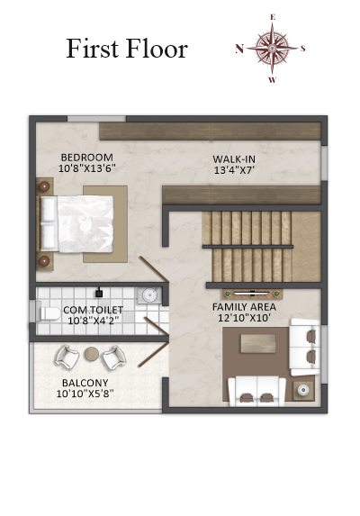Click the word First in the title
point(93,49)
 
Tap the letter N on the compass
point(239,49)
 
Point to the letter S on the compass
point(302,49)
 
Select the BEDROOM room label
point(87,158)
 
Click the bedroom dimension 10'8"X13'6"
point(87,168)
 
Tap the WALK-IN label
point(234,159)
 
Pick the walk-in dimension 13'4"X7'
point(234,170)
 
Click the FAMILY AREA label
point(244,307)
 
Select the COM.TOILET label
point(94,310)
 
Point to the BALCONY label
point(85,383)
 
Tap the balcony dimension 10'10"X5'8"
point(85,394)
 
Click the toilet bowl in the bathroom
point(49,313)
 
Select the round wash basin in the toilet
point(149,294)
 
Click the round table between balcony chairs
point(92,354)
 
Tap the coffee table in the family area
point(258,343)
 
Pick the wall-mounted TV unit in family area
point(253,294)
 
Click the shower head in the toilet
point(99,293)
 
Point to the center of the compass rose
point(272,49)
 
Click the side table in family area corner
point(303,390)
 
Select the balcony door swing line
point(153,355)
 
